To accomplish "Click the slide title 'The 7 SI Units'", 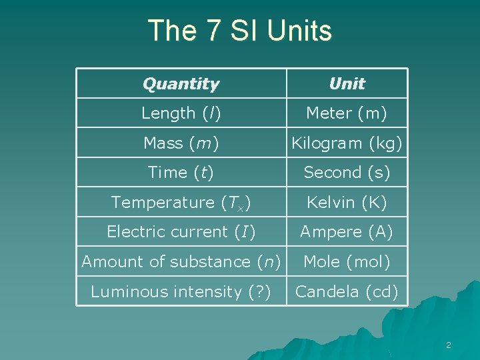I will (x=239, y=31).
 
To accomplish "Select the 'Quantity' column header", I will (x=181, y=84).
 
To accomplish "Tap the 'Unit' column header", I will (x=347, y=84).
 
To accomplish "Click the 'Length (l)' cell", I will (x=181, y=113).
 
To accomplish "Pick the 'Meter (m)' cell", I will (x=347, y=113).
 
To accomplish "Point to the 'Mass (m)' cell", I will (x=181, y=143).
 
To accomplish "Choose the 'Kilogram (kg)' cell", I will (x=347, y=143).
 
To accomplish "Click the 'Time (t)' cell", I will (x=181, y=172).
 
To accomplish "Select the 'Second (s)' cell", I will (x=347, y=172).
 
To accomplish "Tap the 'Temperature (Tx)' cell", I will (x=181, y=202).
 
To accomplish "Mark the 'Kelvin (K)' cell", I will (x=347, y=202).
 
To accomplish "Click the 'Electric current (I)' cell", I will (x=181, y=232).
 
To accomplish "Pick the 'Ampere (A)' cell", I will (x=347, y=232).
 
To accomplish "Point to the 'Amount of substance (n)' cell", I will (x=181, y=262).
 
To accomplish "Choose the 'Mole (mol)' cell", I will (x=347, y=262).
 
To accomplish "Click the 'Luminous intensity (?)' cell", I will (x=181, y=291).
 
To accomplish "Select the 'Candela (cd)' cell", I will (x=347, y=291).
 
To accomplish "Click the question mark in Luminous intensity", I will (x=257, y=291).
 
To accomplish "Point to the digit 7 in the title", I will (x=216, y=31).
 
